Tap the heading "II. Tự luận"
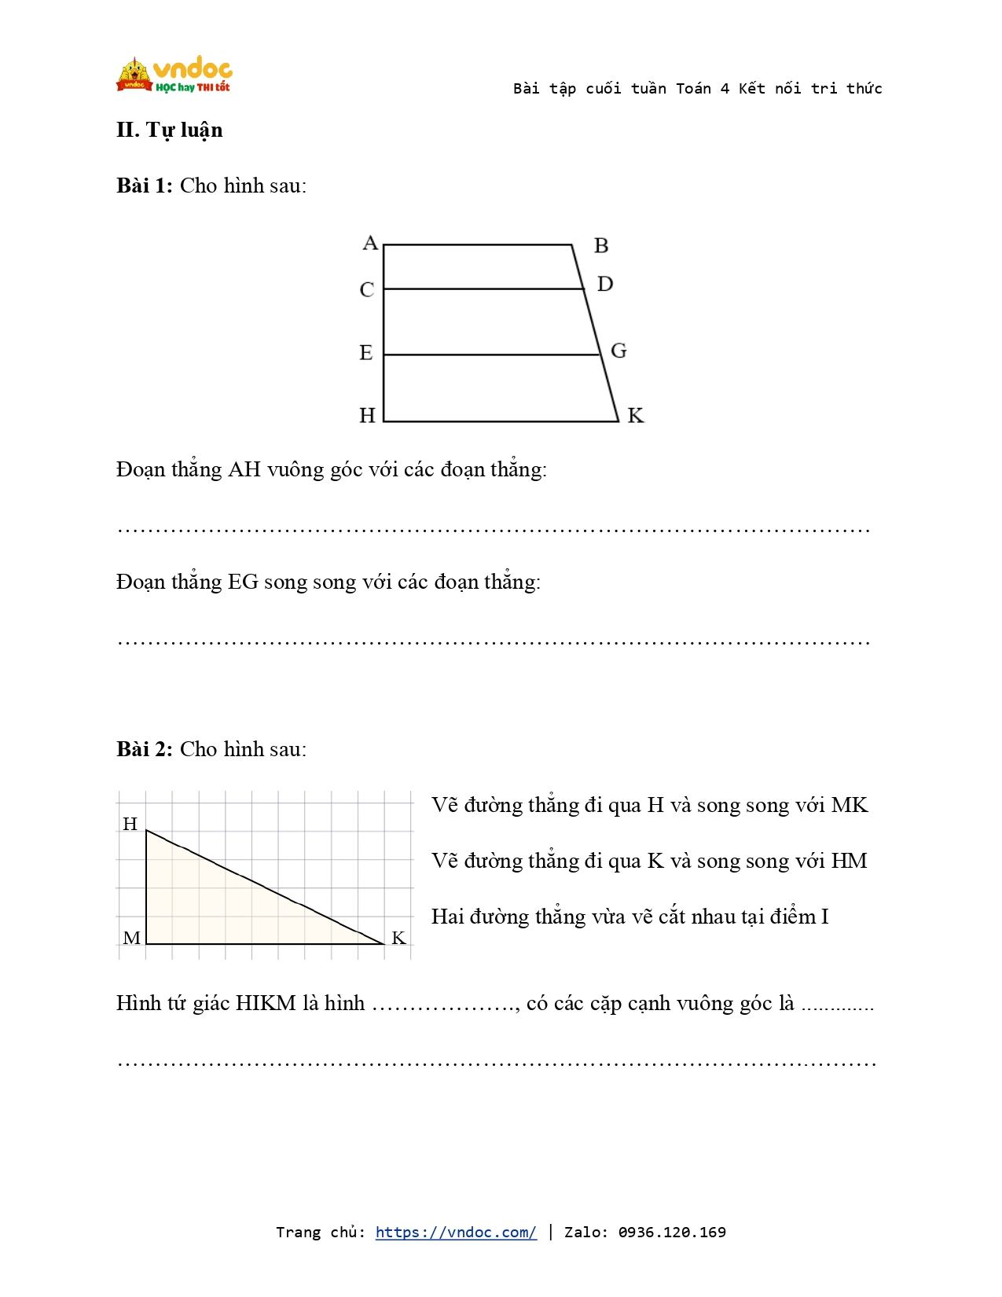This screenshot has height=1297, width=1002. coord(170,130)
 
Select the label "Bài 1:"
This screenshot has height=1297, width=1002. coord(145,186)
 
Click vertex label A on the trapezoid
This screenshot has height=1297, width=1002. coord(370,243)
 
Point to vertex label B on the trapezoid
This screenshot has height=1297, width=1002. coord(601,246)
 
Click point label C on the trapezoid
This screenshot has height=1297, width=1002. coord(367,290)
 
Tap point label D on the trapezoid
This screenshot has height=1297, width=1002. coord(604,284)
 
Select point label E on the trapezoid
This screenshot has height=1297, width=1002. coord(366,353)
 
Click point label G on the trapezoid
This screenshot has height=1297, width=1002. coord(618,351)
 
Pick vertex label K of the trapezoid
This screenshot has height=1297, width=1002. coord(636,416)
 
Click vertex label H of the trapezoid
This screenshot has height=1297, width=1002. coord(367,415)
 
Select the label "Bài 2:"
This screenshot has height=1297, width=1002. coord(145,749)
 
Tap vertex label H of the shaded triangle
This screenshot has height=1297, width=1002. coord(130,824)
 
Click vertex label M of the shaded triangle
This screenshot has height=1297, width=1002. coord(132,938)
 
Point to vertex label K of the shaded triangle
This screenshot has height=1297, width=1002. coord(398,938)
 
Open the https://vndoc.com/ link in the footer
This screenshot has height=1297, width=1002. coord(456,1232)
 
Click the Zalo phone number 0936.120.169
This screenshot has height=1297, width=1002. coord(672,1232)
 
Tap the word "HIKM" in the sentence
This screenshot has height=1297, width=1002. coord(266,1004)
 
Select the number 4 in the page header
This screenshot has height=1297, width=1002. coord(725,89)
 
